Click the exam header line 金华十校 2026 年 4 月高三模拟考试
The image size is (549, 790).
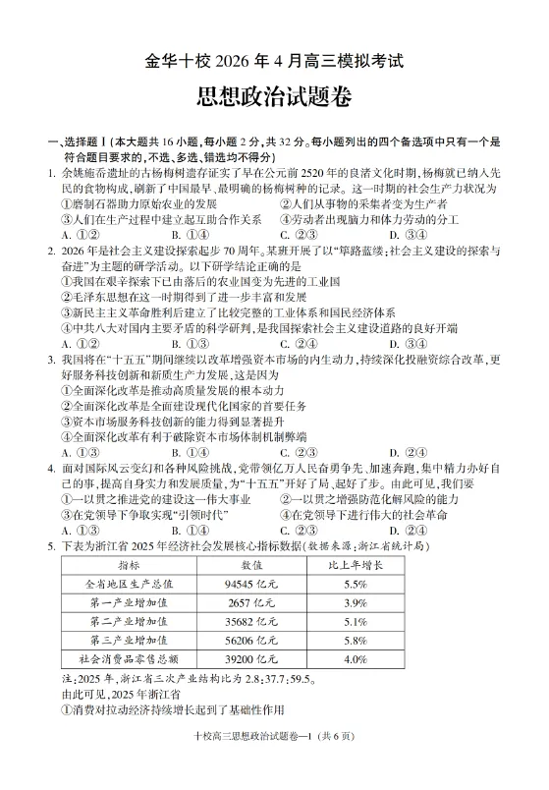(274, 60)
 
